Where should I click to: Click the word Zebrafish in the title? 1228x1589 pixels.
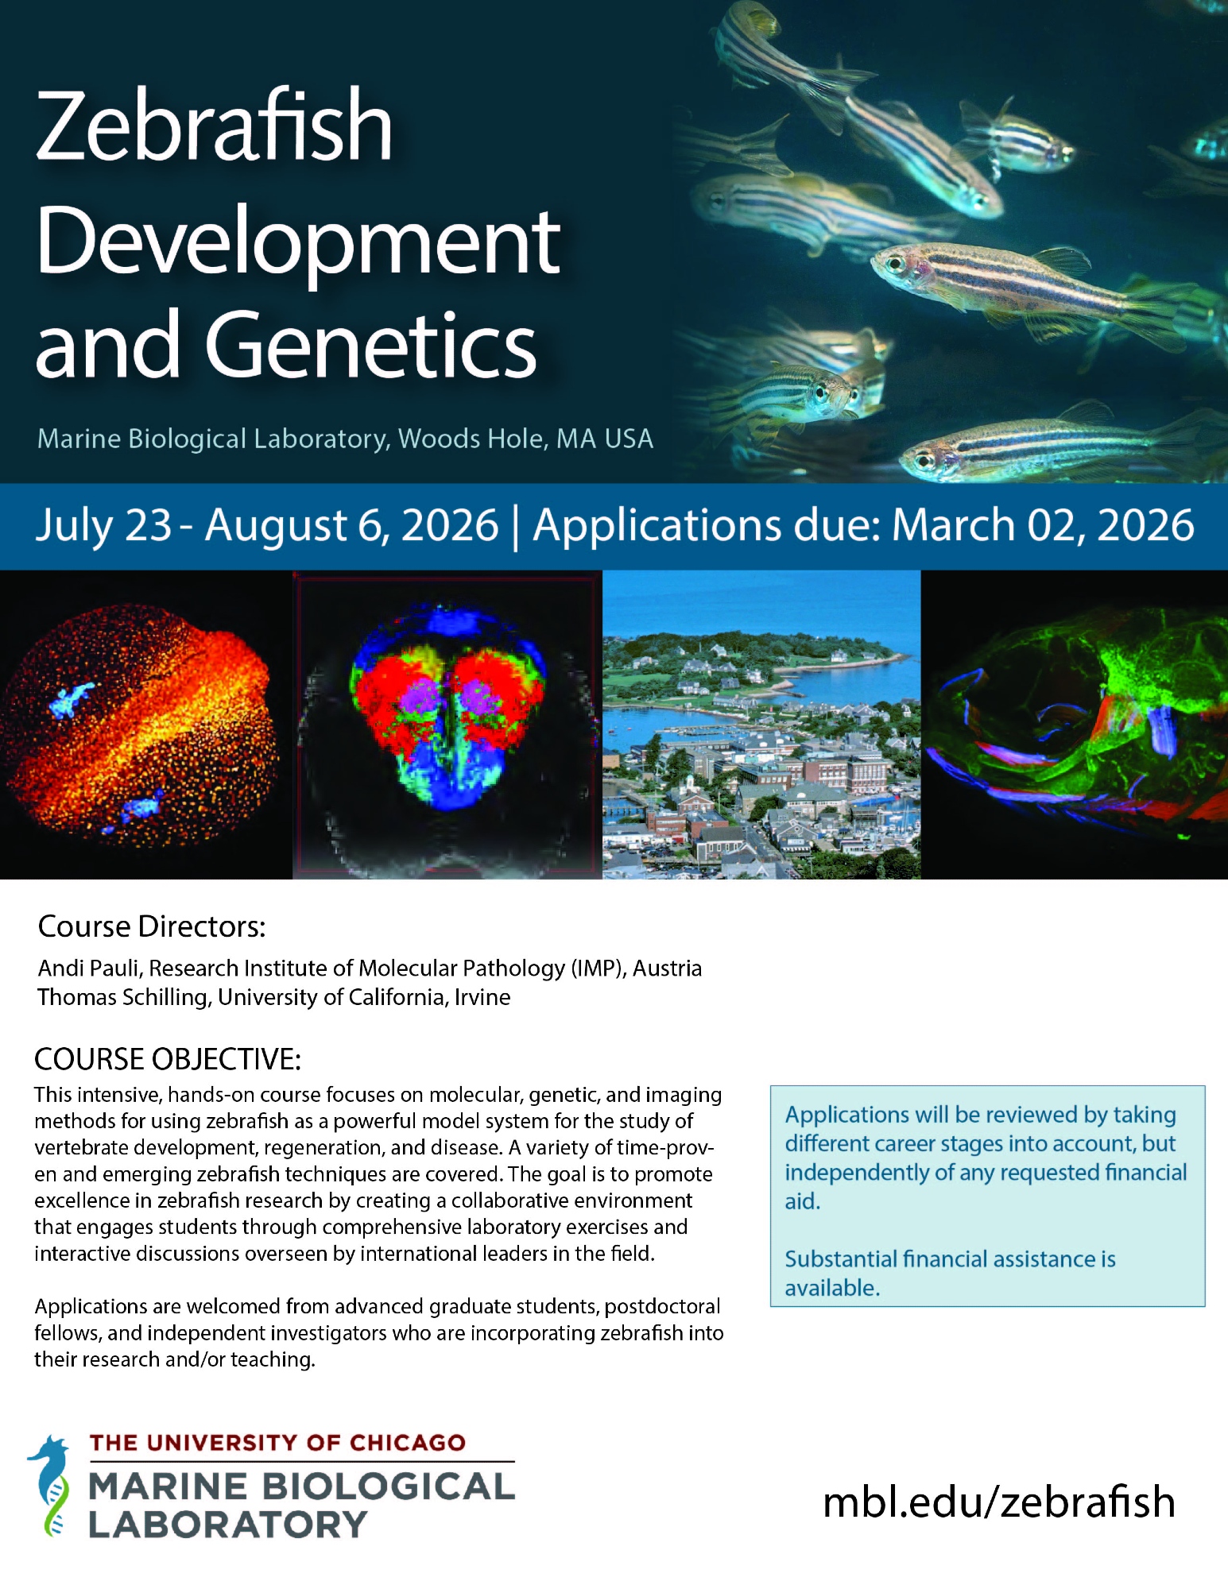(x=214, y=125)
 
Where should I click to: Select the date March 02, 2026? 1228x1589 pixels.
(x=1043, y=526)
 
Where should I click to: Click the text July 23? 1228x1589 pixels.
(x=103, y=526)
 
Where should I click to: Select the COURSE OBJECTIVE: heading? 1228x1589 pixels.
(x=168, y=1059)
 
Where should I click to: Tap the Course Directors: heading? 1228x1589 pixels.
(x=152, y=926)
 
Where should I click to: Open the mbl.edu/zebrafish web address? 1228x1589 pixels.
(x=999, y=1502)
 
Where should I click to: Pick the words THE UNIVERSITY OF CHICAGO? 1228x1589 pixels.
(x=277, y=1443)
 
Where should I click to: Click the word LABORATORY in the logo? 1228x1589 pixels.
(x=227, y=1525)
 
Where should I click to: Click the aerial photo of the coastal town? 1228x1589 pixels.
(x=761, y=725)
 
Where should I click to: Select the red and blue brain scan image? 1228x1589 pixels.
(x=447, y=725)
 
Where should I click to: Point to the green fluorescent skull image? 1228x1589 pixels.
(x=1075, y=725)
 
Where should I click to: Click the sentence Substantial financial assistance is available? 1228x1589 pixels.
(x=951, y=1274)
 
